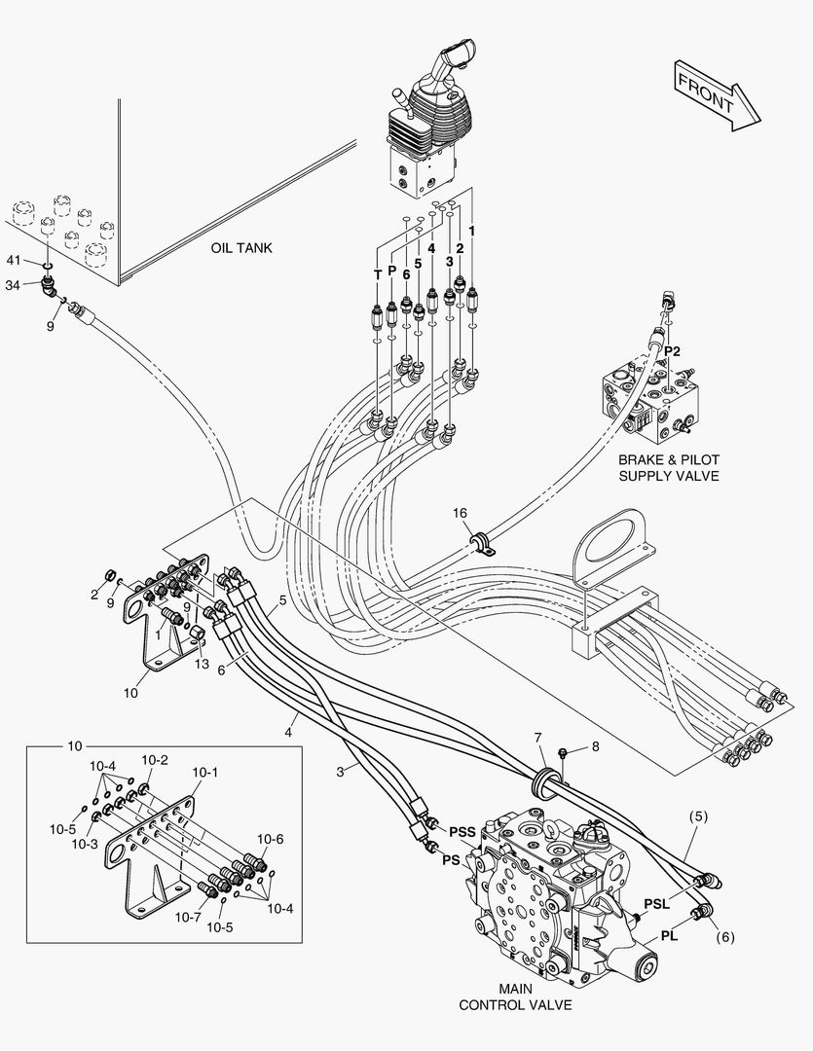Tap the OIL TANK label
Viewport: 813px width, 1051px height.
pyautogui.click(x=241, y=248)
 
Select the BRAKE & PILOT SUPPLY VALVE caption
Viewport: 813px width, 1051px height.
pyautogui.click(x=669, y=467)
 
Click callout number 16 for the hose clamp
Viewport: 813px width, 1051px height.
pyautogui.click(x=460, y=512)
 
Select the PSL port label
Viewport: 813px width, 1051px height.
pyautogui.click(x=657, y=904)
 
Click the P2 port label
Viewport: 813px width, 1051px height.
pyautogui.click(x=672, y=349)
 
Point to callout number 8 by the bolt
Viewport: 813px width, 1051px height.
pyautogui.click(x=594, y=747)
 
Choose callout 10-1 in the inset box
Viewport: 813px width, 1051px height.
pyautogui.click(x=204, y=772)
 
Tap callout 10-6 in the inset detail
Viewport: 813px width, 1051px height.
pyautogui.click(x=271, y=839)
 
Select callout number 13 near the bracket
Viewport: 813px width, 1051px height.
pyautogui.click(x=202, y=665)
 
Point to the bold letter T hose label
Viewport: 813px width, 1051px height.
pyautogui.click(x=378, y=275)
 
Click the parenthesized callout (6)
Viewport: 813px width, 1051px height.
pyautogui.click(x=724, y=939)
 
